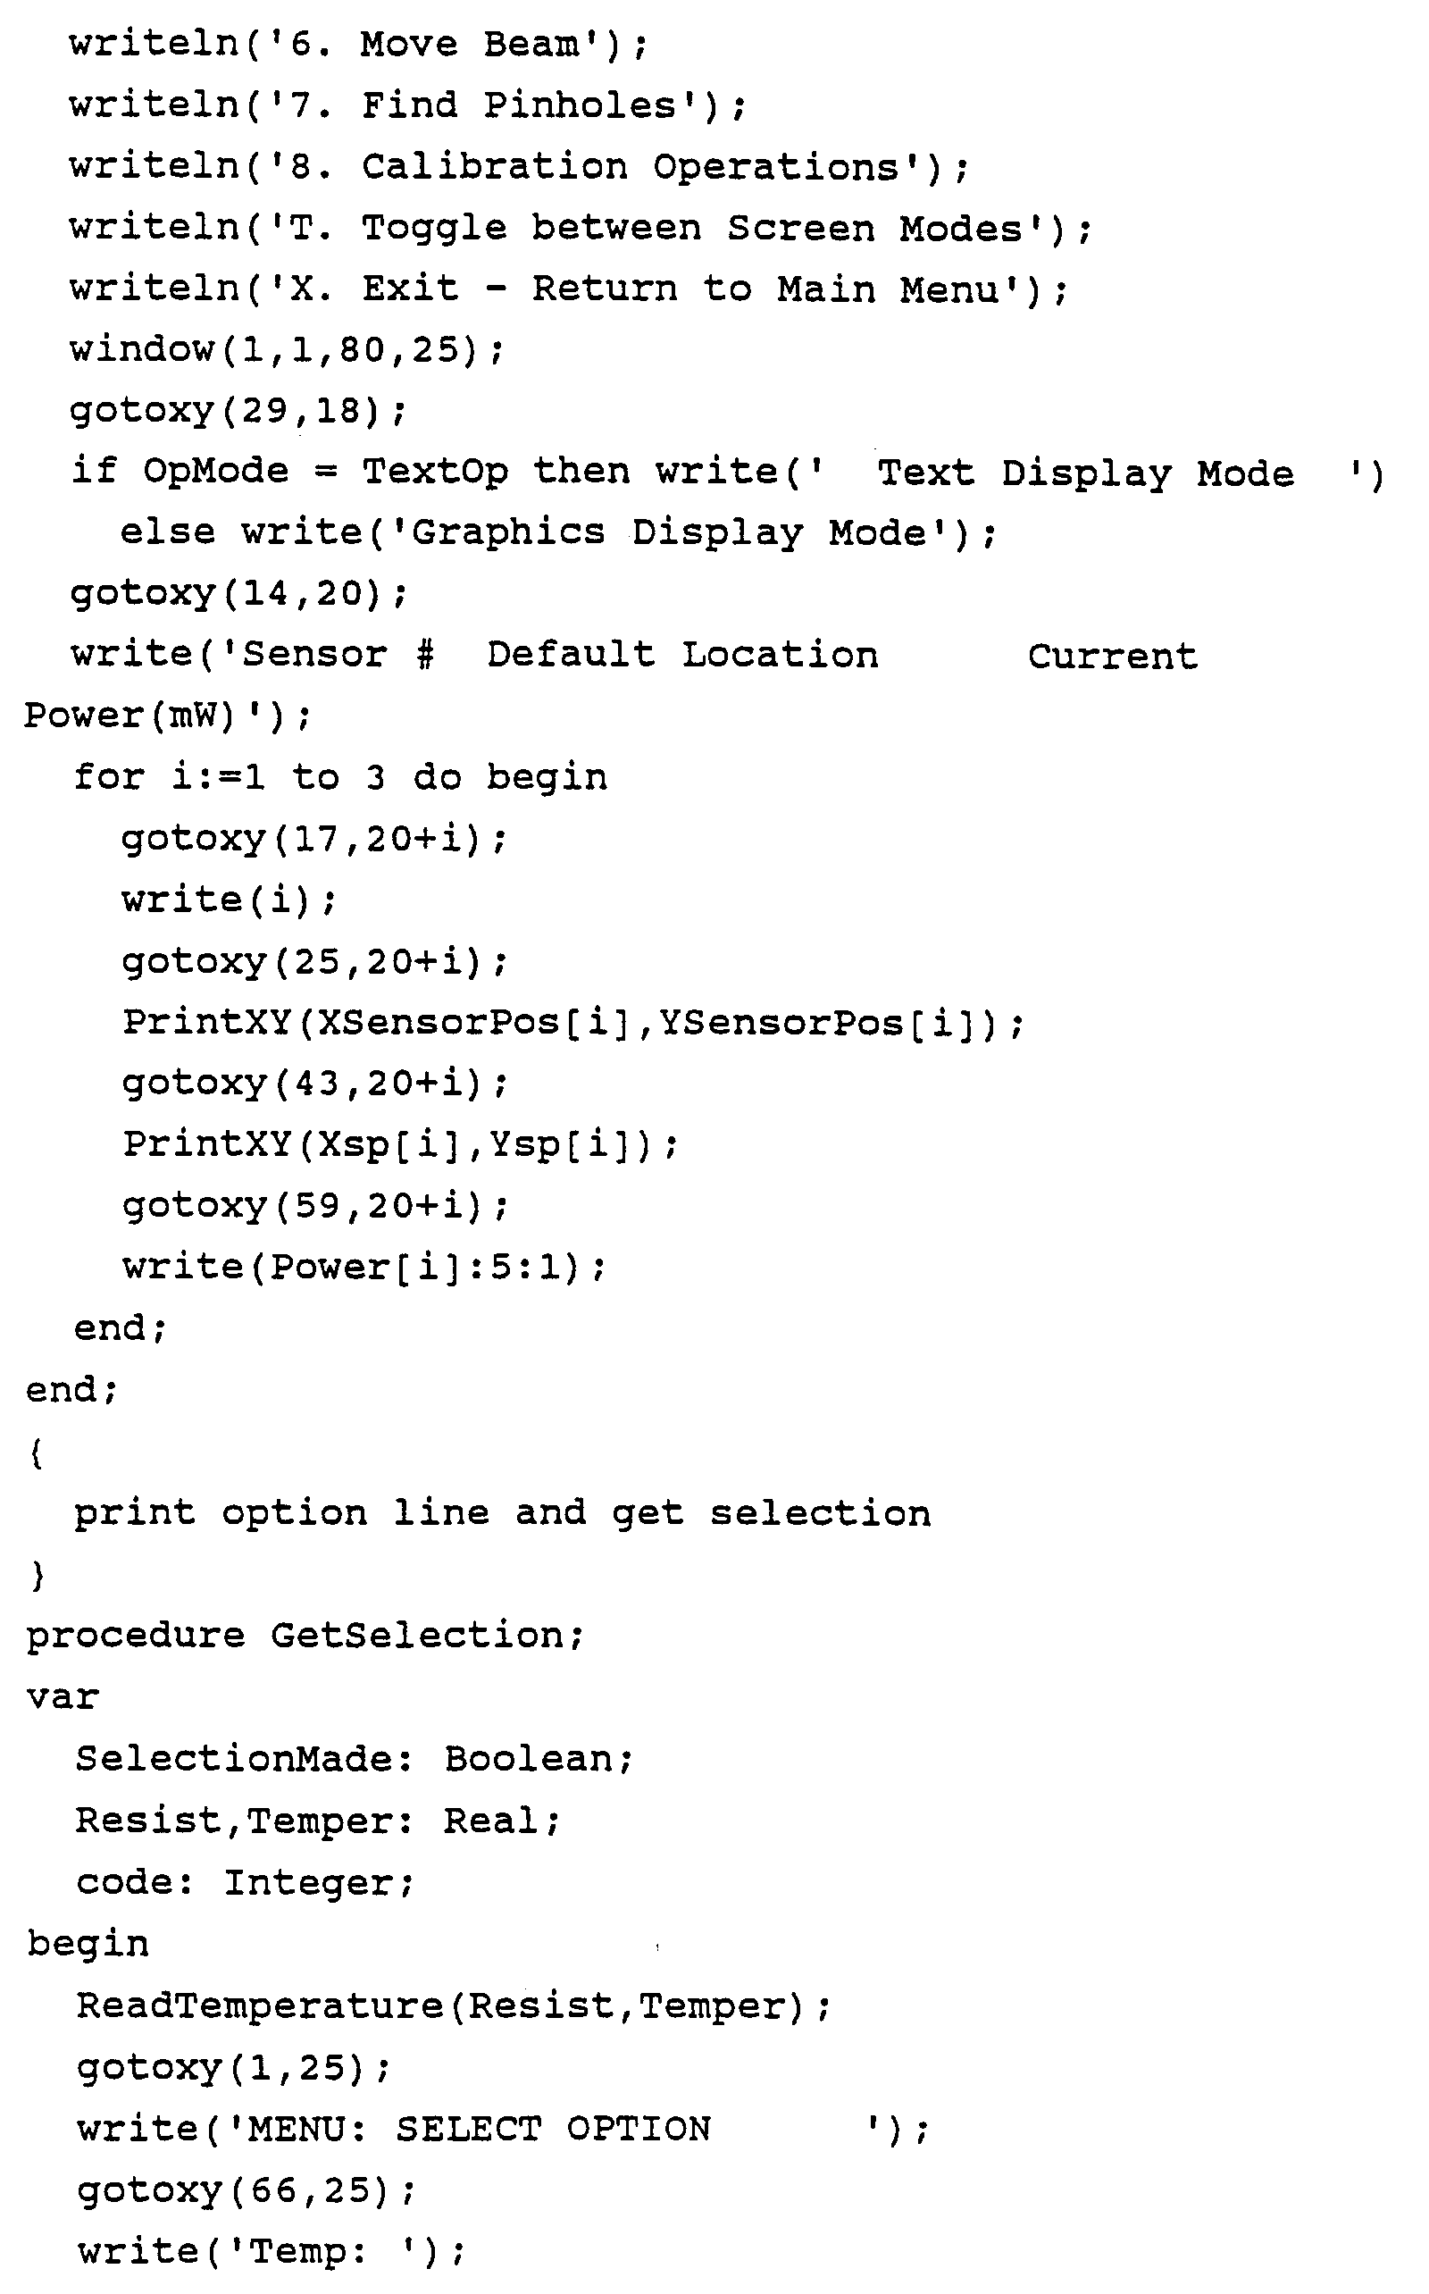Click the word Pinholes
click(581, 105)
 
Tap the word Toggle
click(434, 228)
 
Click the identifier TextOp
click(435, 471)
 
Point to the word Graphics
click(507, 532)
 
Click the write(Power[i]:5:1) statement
click(363, 1267)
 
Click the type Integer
click(308, 1882)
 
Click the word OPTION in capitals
click(638, 2129)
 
